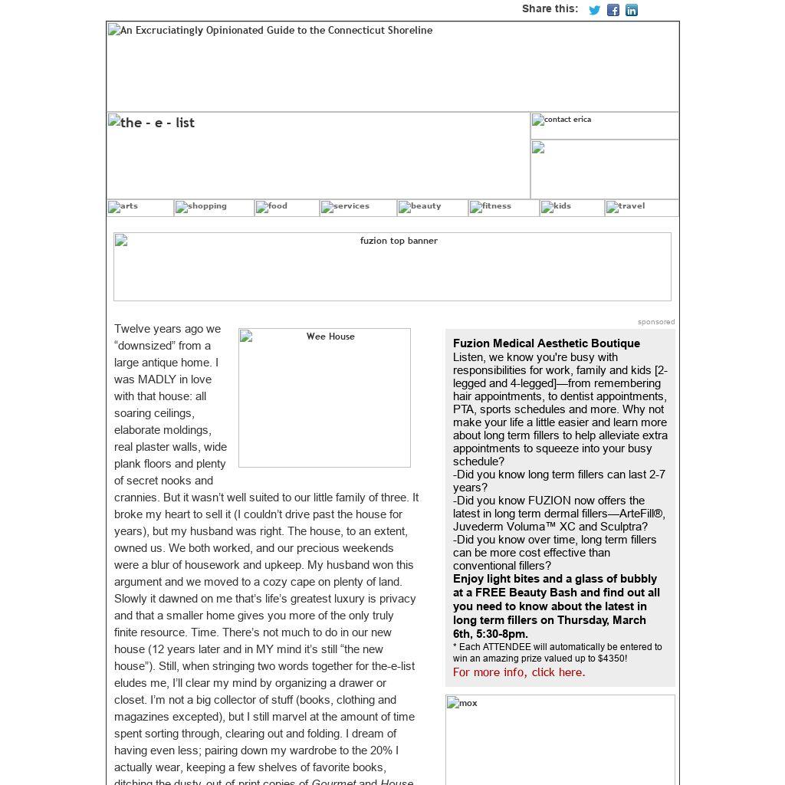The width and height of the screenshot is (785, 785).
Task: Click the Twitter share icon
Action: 594,10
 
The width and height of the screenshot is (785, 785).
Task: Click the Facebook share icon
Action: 613,10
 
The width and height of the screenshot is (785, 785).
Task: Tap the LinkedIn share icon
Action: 632,10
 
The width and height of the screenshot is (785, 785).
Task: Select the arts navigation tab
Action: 140,208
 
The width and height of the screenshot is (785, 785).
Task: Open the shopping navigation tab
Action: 214,208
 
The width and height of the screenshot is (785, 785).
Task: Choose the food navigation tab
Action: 287,208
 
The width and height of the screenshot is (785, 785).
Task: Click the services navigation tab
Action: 358,208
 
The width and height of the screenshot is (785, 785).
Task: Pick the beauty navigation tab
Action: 432,208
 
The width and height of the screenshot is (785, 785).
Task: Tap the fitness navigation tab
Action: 504,208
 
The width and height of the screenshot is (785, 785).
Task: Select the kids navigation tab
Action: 572,208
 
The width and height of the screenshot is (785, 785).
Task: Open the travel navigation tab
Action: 641,208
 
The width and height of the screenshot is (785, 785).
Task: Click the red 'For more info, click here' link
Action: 519,672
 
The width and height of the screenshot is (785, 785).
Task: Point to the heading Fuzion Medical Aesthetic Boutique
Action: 546,343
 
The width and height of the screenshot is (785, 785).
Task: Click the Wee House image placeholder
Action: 324,397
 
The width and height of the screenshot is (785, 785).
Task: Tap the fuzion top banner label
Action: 398,241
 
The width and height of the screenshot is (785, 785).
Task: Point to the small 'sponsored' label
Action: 656,322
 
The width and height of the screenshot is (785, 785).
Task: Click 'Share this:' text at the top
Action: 550,9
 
